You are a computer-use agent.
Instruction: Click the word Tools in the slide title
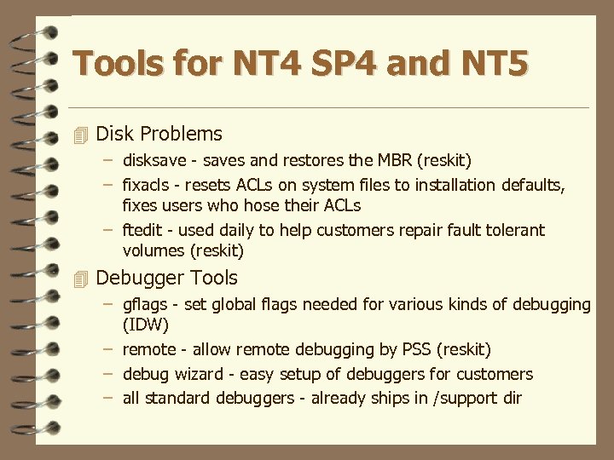click(115, 64)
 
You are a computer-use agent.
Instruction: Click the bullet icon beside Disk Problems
click(81, 135)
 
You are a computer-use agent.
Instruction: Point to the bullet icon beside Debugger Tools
click(81, 279)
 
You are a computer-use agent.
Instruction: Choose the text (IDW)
click(146, 325)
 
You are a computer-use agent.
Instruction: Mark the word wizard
click(195, 374)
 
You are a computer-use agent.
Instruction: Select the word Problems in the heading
click(182, 134)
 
